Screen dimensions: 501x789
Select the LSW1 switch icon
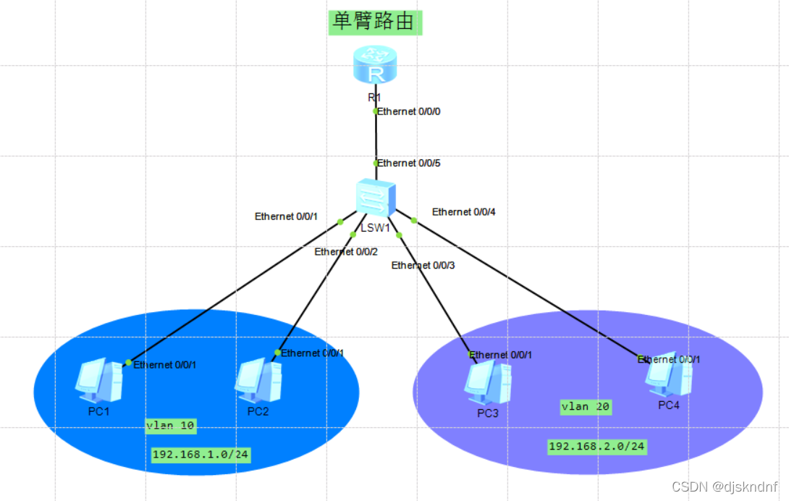tap(376, 197)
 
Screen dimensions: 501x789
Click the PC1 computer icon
tap(98, 381)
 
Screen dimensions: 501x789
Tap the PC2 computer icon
tap(258, 381)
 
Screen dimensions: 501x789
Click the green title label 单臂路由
tap(374, 22)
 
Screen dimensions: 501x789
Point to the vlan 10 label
tap(170, 426)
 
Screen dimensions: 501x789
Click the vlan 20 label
tap(586, 407)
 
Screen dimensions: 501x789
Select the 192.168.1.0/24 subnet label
tap(201, 455)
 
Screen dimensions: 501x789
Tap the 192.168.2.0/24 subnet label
tap(596, 446)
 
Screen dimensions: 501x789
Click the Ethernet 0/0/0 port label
tap(409, 111)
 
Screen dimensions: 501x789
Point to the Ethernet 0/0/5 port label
tap(409, 164)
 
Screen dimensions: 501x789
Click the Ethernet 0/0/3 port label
tap(423, 266)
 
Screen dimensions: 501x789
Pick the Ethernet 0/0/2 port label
tap(346, 252)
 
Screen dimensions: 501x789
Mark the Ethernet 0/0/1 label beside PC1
tap(164, 365)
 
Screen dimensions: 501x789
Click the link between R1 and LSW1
tap(376, 138)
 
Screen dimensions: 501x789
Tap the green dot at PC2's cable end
tap(277, 353)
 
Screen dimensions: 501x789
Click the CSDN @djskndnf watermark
tap(724, 487)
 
